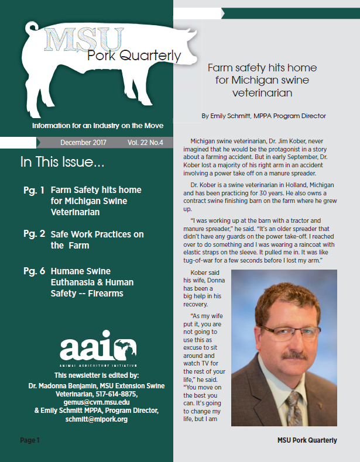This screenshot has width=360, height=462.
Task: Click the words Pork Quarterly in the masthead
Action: [134, 56]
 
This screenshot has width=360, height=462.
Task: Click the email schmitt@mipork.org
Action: [97, 419]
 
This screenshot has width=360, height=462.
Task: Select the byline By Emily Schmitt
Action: [263, 116]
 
